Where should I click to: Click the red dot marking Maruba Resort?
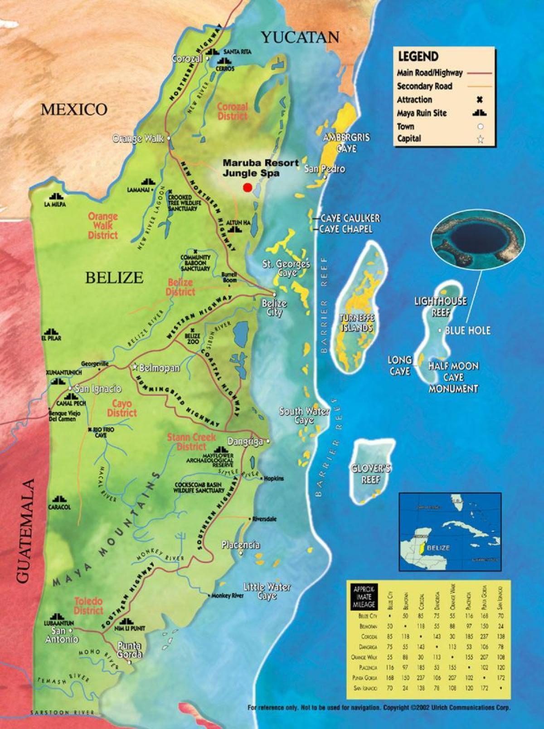click(248, 187)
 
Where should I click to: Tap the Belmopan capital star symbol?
click(135, 367)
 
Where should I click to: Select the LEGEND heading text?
click(418, 57)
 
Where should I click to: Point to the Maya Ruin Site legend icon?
click(480, 113)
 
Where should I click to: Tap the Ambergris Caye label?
click(346, 143)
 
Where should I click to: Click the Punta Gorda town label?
click(129, 650)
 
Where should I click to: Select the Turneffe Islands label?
click(357, 322)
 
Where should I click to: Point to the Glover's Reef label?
click(370, 474)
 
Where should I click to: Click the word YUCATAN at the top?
click(300, 37)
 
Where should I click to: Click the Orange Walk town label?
click(138, 139)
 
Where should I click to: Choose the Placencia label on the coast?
click(241, 544)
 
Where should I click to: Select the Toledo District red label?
click(89, 606)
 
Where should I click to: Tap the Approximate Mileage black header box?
click(364, 597)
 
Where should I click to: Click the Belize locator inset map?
click(450, 531)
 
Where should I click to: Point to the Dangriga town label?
click(245, 442)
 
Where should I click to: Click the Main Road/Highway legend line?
click(479, 73)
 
